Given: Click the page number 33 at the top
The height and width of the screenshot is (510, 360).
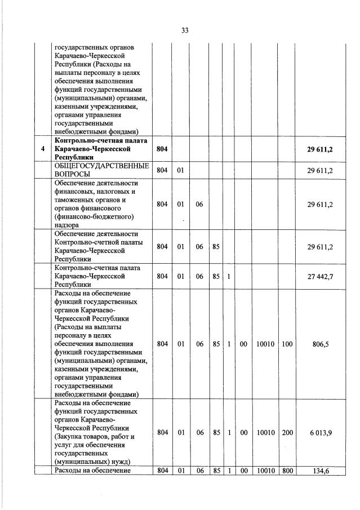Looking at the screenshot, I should coord(184,30).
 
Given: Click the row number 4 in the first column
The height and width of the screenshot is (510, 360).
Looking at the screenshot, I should coord(42,149).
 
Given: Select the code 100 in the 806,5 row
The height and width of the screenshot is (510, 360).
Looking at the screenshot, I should coord(287,343).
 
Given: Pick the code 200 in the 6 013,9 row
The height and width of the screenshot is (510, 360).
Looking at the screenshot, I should coord(287,432).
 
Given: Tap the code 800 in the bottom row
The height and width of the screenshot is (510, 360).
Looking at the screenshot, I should coord(287,471).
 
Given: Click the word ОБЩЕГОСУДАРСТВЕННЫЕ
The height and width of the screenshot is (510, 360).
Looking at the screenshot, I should coord(101,166).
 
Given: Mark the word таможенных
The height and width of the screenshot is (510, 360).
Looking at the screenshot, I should coord(75,199).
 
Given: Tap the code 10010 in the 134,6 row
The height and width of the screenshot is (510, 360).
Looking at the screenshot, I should coord(265,471).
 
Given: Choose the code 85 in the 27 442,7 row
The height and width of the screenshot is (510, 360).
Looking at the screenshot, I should coord(216,277).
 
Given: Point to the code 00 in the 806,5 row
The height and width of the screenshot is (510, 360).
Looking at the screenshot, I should coord(243,343).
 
